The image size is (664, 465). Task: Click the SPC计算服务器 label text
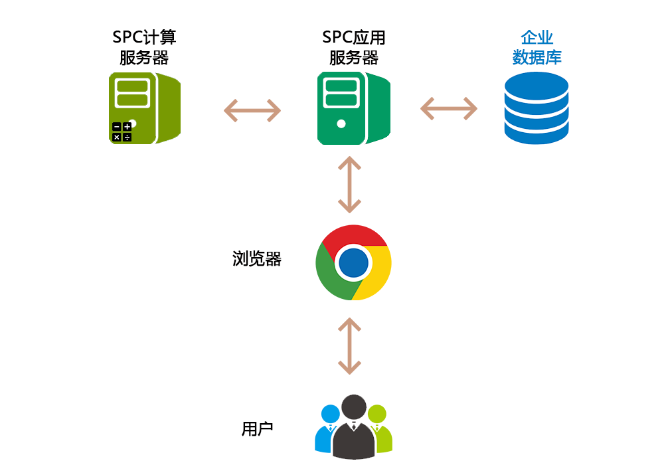pos(145,47)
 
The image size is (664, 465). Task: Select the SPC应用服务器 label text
pos(354,47)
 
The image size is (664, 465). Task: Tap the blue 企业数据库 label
pos(537,47)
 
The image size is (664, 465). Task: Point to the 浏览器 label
pos(257,259)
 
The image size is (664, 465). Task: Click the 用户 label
pos(257,429)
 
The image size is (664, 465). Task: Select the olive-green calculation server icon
pos(145,108)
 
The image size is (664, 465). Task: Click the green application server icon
pos(353,108)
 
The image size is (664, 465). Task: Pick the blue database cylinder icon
pos(537,108)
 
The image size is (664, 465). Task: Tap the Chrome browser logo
pos(353,262)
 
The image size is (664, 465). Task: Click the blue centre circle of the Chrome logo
pos(353,263)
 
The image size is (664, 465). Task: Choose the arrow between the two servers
pos(252,110)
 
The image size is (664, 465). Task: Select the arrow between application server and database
pos(449,108)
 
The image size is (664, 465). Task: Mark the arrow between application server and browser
pos(350,184)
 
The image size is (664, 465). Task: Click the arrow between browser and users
pos(350,345)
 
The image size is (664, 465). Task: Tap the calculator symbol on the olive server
pos(122,132)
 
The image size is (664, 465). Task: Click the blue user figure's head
pos(330,413)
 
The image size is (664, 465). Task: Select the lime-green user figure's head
pos(377,413)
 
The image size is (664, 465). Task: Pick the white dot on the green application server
pos(341,124)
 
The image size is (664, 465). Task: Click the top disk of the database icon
pos(537,84)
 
